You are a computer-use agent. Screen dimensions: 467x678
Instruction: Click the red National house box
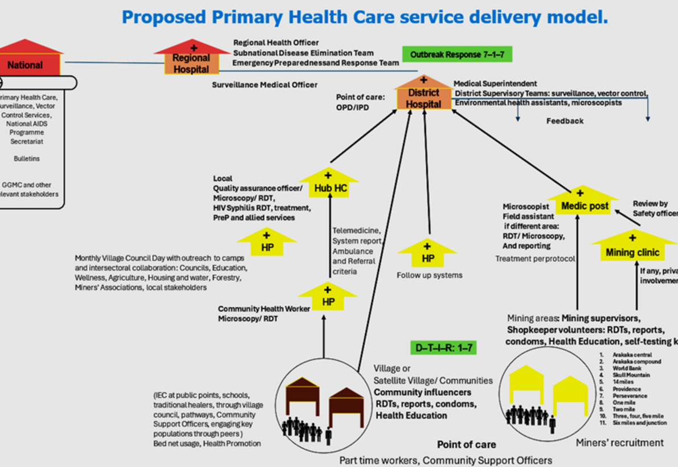point(25,64)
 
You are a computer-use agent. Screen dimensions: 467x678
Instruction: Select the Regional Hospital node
point(191,63)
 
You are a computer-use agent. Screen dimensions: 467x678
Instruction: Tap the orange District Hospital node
point(423,97)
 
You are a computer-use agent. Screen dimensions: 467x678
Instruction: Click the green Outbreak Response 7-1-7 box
point(457,55)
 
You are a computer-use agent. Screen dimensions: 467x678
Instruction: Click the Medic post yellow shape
point(581,205)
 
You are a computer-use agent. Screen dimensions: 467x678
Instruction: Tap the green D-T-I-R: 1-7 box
point(442,347)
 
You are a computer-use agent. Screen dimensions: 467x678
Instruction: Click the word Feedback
point(565,121)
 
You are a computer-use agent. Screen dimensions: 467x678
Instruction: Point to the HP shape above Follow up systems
point(428,256)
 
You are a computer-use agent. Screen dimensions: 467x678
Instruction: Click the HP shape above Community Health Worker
point(328,300)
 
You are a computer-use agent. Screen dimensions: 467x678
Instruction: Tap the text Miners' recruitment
point(619,443)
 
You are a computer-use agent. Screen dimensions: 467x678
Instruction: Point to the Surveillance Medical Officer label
point(264,85)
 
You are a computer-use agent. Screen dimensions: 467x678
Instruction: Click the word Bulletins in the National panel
point(27,159)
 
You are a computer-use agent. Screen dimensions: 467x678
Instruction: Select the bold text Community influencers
point(422,392)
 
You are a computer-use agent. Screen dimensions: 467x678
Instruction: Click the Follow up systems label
point(429,275)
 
